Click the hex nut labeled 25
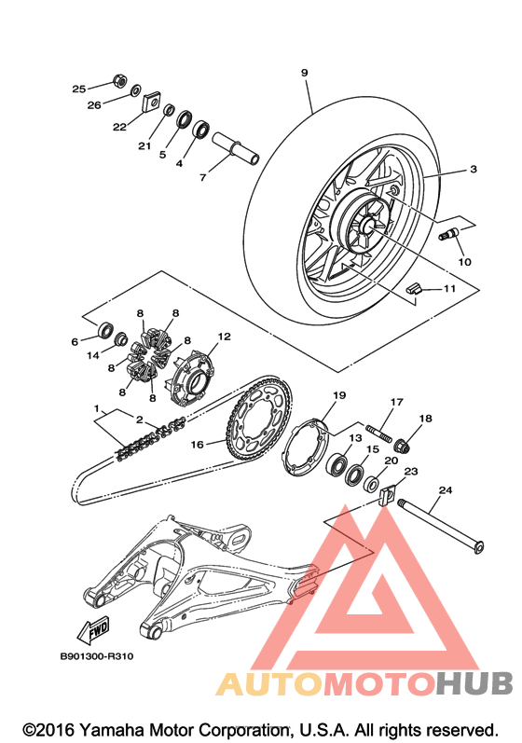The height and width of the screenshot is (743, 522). pos(119,81)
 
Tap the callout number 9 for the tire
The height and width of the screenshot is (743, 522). pos(304,73)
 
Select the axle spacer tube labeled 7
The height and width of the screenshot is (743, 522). pos(236,148)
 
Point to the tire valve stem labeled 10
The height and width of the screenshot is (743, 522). pos(448,234)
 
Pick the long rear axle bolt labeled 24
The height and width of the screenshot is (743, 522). pos(441,526)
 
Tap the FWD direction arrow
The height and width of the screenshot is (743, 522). pos(93,630)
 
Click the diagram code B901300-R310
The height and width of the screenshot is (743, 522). pos(97,656)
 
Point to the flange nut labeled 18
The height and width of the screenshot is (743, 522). pos(401,446)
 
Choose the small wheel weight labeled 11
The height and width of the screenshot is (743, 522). pos(413,288)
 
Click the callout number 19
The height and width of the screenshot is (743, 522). pos(339,394)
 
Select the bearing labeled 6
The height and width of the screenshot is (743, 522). pos(105,329)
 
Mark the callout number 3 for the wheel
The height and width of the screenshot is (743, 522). pos(474,169)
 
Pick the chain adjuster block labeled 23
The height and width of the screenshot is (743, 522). pos(388,495)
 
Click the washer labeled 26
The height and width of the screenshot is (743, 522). pos(135,89)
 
